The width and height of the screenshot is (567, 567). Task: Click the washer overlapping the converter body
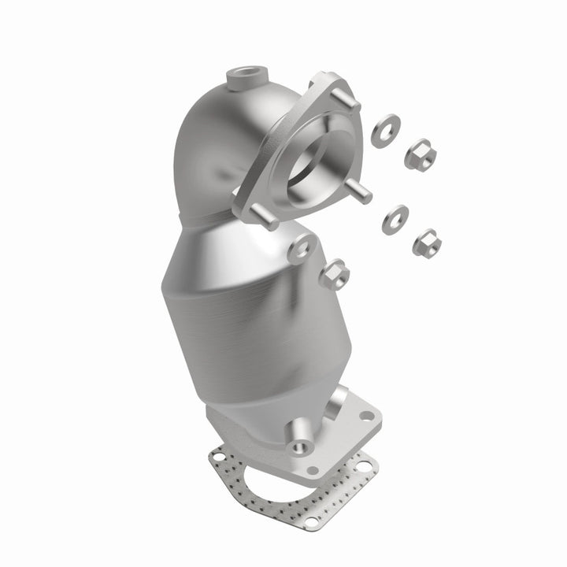299,252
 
